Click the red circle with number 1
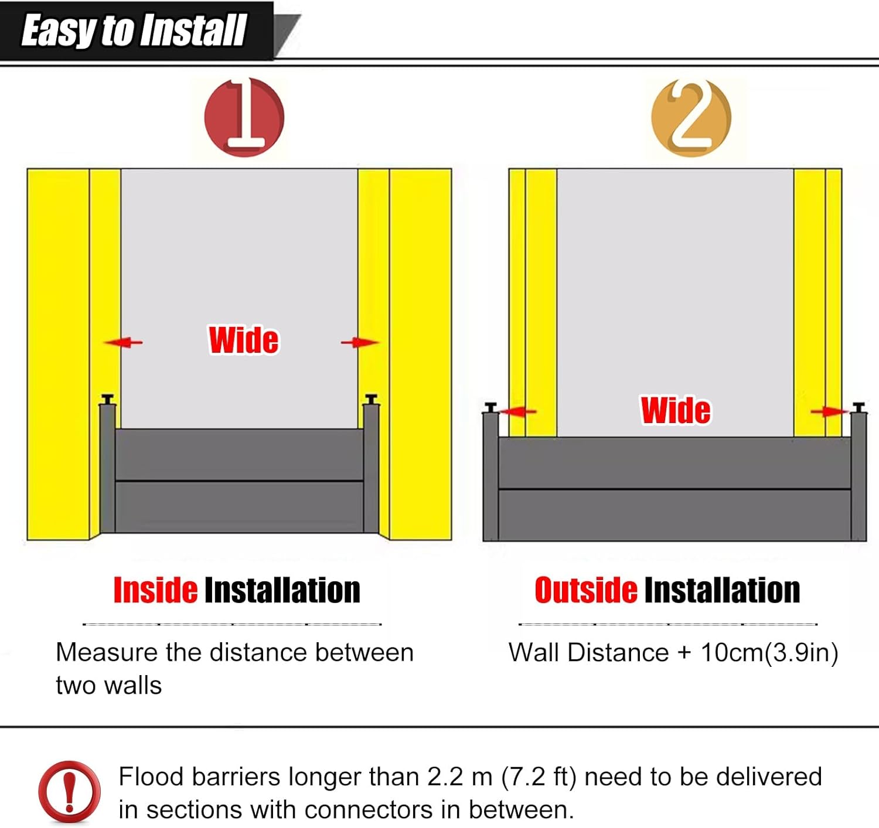tap(244, 117)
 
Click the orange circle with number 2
tap(691, 117)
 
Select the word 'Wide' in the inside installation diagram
tap(244, 340)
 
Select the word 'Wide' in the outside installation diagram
tap(676, 410)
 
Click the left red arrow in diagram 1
tap(123, 342)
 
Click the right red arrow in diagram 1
tap(359, 342)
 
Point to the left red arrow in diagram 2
tap(518, 411)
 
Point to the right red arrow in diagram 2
tap(829, 412)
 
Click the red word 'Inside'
tap(155, 590)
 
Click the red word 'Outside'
tap(585, 590)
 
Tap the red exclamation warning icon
tap(69, 792)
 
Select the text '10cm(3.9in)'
tap(769, 652)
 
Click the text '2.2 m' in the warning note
tap(459, 777)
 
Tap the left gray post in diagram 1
tap(107, 466)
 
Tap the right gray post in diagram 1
tap(371, 466)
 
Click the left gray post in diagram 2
tap(490, 475)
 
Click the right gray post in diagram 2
tap(858, 475)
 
